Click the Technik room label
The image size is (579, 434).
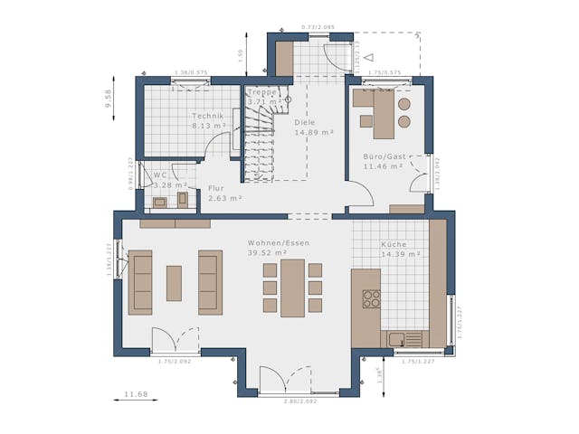click(206, 116)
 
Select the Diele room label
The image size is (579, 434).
click(306, 122)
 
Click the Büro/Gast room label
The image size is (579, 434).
click(384, 156)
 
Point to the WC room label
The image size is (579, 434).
click(160, 175)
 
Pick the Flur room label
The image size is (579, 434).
click(216, 188)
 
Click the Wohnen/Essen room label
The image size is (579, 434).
click(279, 243)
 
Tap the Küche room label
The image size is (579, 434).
click(394, 244)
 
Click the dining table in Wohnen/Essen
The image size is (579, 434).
click(292, 288)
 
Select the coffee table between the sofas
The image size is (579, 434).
click(174, 283)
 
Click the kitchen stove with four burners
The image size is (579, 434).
click(371, 298)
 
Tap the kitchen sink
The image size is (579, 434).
click(398, 339)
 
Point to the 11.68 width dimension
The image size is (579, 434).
click(136, 394)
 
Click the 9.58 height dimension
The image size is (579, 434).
click(109, 99)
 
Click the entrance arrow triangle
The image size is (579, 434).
click(367, 56)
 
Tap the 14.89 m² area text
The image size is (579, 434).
click(314, 132)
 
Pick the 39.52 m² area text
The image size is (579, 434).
click(267, 253)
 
